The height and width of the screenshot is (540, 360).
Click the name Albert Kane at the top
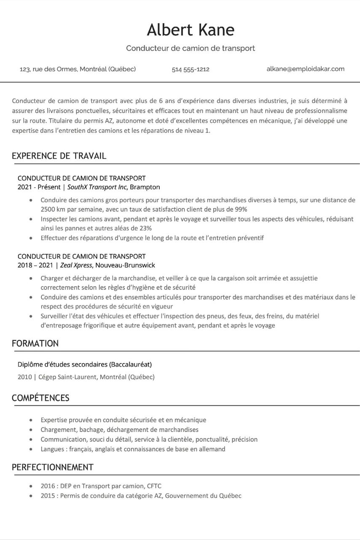pyautogui.click(x=191, y=30)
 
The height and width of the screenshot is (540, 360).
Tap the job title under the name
pyautogui.click(x=191, y=48)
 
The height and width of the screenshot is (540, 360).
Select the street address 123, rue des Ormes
pyautogui.click(x=78, y=69)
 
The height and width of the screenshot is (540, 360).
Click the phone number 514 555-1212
pyautogui.click(x=191, y=69)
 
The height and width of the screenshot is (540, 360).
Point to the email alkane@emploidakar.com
pyautogui.click(x=305, y=69)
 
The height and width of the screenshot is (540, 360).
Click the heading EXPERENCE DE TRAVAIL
pyautogui.click(x=59, y=156)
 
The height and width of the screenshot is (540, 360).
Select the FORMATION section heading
pyautogui.click(x=35, y=343)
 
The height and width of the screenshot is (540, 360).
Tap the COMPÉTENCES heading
pyautogui.click(x=40, y=398)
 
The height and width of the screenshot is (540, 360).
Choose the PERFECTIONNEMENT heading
pyautogui.click(x=52, y=467)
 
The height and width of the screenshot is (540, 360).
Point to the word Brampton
pyautogui.click(x=145, y=187)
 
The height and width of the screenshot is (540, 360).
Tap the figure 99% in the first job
pyautogui.click(x=241, y=209)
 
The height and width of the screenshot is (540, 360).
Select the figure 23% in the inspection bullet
pyautogui.click(x=145, y=228)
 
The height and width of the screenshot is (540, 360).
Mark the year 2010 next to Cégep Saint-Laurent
pyautogui.click(x=24, y=377)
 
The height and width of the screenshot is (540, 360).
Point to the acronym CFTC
pyautogui.click(x=154, y=486)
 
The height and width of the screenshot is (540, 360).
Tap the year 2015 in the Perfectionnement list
pyautogui.click(x=48, y=496)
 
